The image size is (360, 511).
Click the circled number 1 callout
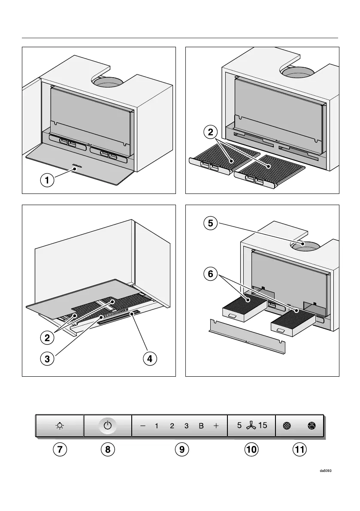[x=48, y=181]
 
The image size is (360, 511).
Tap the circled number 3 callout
[x=48, y=359]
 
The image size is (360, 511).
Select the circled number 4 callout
[x=149, y=359]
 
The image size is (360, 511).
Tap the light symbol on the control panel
[x=60, y=426]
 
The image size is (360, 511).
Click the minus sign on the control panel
[x=142, y=426]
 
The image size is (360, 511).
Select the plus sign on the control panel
[x=216, y=426]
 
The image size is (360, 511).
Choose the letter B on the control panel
[x=201, y=426]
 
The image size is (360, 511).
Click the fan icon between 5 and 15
[x=251, y=426]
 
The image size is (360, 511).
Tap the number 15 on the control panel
[x=263, y=426]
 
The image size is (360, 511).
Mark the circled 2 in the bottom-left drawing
[x=48, y=338]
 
